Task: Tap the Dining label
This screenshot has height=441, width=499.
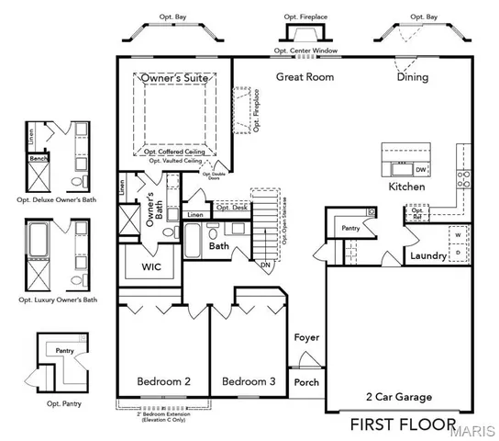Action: point(412,78)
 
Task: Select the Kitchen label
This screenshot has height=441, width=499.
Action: point(406,187)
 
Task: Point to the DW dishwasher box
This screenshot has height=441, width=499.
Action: point(420,170)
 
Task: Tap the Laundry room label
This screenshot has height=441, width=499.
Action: point(427,255)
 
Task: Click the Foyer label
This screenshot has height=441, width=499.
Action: point(306,337)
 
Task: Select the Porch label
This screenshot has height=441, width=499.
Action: point(305,382)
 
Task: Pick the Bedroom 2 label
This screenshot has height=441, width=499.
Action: point(163,381)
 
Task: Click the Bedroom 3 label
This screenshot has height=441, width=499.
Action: point(249,381)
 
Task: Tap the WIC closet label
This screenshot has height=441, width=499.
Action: point(150,267)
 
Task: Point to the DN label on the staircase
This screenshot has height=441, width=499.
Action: point(266,265)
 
